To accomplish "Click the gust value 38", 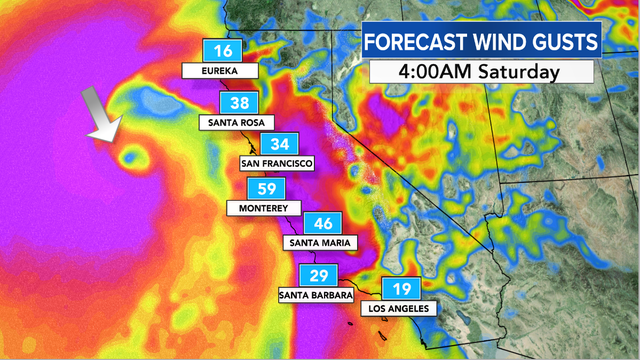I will tap(241, 103).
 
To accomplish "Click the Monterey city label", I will tap(263, 208).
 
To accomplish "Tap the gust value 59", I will tap(268, 188).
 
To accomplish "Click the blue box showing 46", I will tap(324, 223).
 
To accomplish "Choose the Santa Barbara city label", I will tap(314, 296).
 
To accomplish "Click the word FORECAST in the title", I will tap(411, 43).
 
